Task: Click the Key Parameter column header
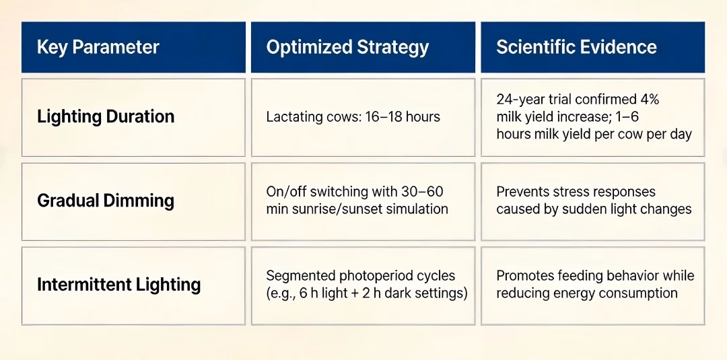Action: (x=98, y=47)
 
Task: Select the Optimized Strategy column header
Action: (x=347, y=47)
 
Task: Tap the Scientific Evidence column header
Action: (x=576, y=47)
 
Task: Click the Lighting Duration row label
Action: (x=106, y=116)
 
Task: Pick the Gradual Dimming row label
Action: (x=106, y=201)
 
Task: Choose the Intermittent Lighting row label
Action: (x=118, y=284)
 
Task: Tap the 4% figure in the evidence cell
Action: (x=650, y=100)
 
